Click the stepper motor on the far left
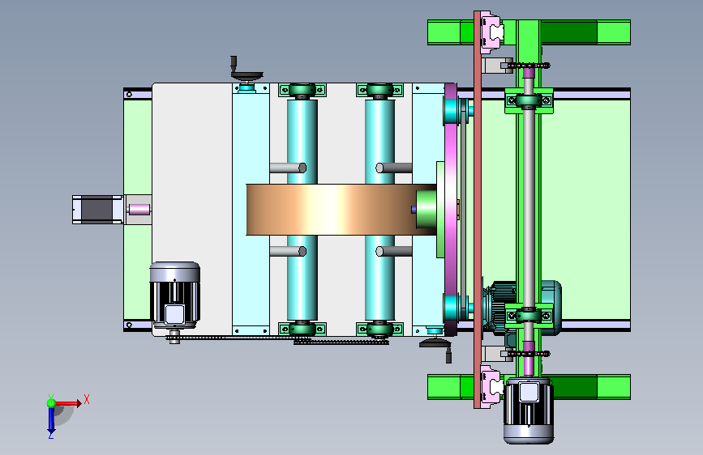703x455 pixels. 98,210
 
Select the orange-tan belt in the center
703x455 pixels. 341,210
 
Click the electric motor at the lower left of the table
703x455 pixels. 175,295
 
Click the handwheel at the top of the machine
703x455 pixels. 246,72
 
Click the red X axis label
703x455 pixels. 87,399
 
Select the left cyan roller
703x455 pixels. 302,210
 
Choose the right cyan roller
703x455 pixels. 379,210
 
